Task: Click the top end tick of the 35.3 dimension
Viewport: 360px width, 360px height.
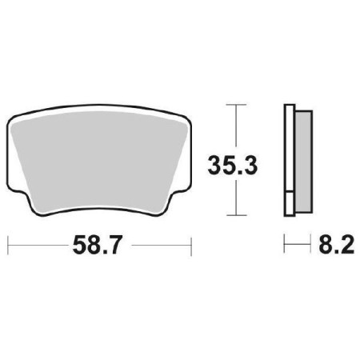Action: point(234,104)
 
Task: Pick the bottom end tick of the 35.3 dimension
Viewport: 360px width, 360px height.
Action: point(234,214)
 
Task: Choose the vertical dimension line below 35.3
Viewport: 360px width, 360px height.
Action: point(234,196)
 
